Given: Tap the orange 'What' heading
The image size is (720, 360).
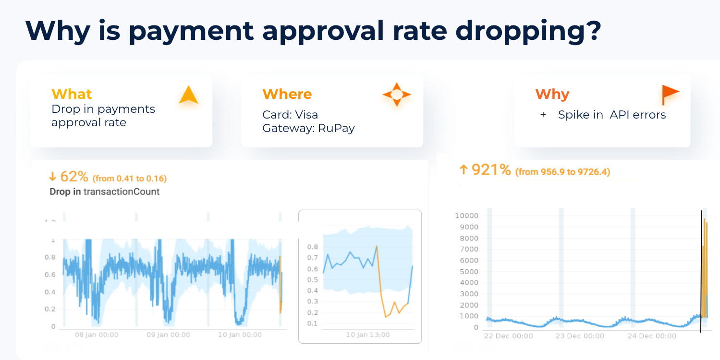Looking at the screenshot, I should [x=72, y=94].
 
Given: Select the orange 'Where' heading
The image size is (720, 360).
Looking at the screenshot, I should [x=287, y=94].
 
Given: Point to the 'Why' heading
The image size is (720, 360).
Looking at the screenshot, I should [x=552, y=94].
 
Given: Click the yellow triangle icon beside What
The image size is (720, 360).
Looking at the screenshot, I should [x=188, y=95].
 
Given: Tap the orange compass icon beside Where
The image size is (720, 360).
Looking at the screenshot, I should [x=396, y=95].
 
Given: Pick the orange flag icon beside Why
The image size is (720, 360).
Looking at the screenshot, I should [x=670, y=94].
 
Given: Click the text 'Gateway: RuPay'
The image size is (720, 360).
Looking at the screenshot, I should [x=308, y=128].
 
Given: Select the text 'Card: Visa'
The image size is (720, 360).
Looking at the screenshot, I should [x=290, y=115].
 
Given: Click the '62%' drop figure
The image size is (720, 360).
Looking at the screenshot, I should [x=74, y=177].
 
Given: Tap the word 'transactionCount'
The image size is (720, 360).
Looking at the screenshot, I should [x=122, y=192].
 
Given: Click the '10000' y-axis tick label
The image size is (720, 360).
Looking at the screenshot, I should [x=466, y=216].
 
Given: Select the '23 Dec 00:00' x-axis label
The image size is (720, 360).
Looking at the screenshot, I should [x=580, y=336].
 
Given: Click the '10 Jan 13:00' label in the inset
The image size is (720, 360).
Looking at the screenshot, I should [x=367, y=335].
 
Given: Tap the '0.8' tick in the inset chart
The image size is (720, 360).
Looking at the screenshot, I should [x=312, y=247].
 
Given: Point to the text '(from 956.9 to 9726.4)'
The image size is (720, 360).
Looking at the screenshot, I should [x=562, y=172].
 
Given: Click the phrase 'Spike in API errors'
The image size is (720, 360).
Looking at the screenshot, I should [x=612, y=115].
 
